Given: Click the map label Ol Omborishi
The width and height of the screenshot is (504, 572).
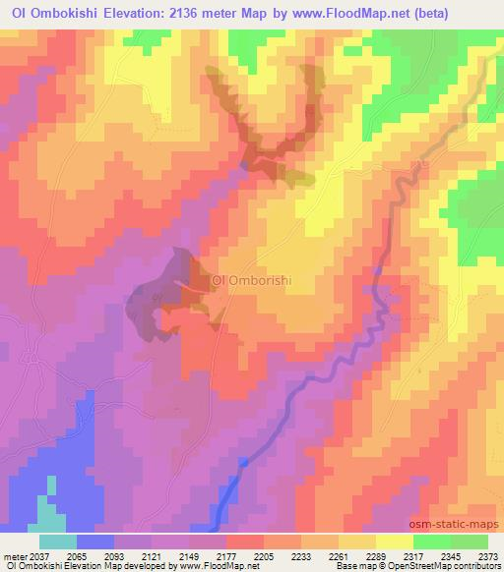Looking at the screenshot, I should pos(253,279).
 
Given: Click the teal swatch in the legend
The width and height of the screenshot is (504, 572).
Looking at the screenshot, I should pos(58,542).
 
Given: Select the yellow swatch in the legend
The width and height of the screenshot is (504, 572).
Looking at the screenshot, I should pos(395,542).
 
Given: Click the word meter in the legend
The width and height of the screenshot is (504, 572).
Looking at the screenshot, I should pos(16,555).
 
